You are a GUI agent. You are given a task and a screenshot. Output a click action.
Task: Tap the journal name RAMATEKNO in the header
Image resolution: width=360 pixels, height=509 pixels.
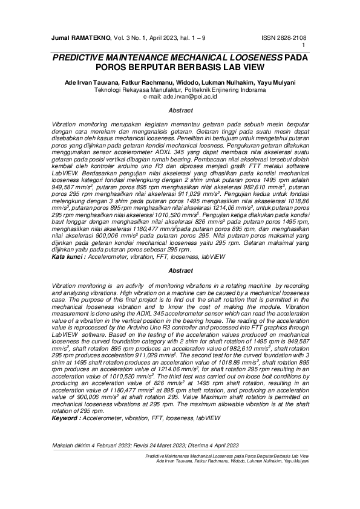(91, 37)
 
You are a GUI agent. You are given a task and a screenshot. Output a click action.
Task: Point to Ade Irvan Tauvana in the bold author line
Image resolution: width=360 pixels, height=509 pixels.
(90, 82)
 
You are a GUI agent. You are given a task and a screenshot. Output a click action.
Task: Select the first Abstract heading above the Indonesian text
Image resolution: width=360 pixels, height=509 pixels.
(180, 111)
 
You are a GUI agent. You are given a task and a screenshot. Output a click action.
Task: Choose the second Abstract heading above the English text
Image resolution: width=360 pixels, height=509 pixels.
(180, 270)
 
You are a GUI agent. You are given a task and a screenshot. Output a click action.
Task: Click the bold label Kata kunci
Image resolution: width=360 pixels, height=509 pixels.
(68, 256)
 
